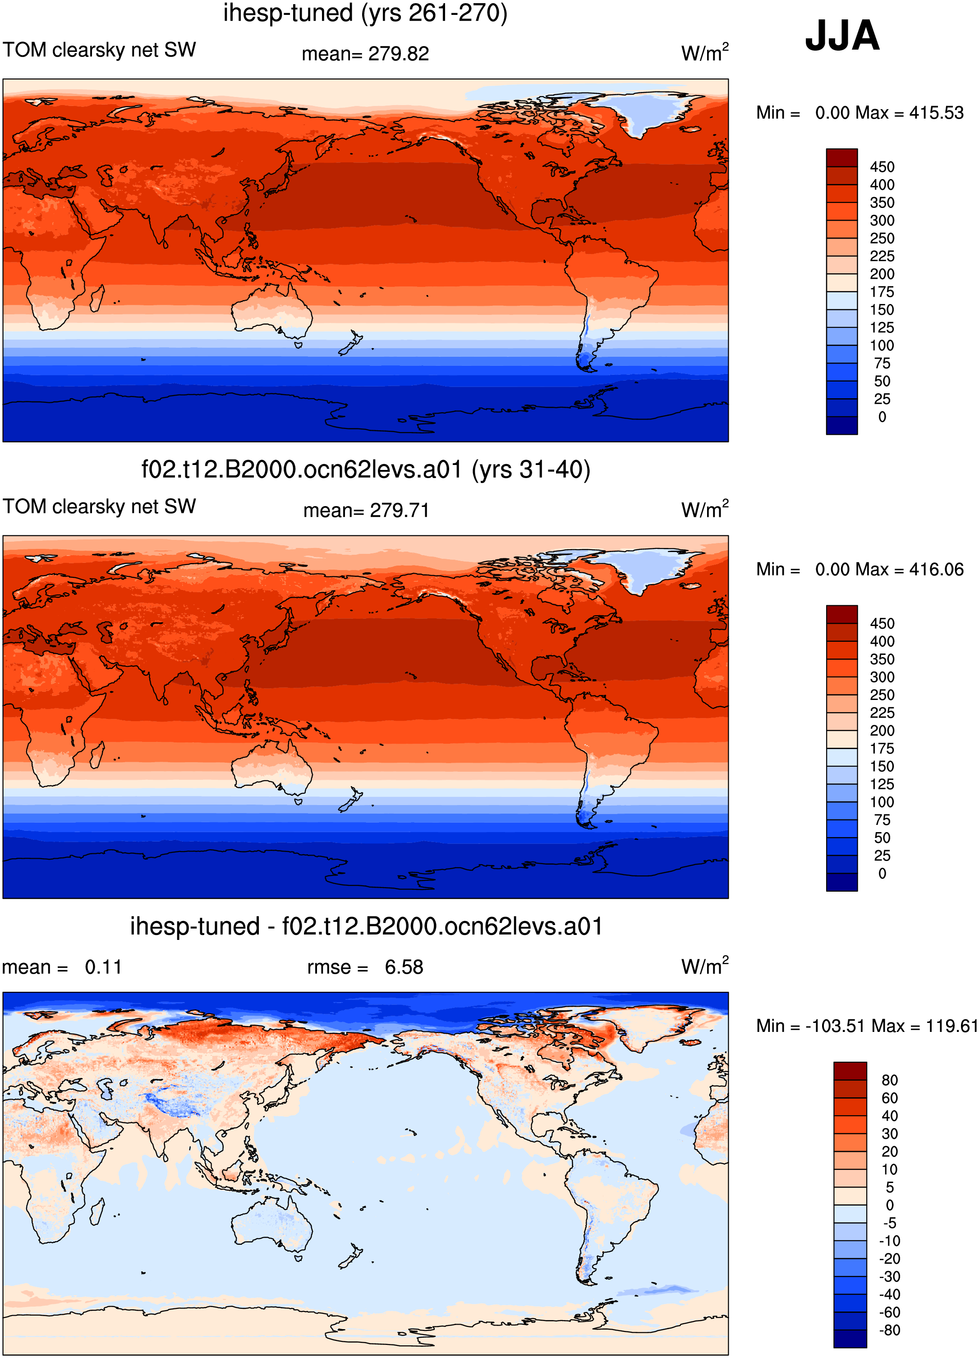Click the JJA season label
pyautogui.click(x=842, y=36)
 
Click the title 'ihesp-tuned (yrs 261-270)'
pyautogui.click(x=365, y=13)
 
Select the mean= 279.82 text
pyautogui.click(x=365, y=54)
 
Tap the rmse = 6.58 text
pyautogui.click(x=365, y=967)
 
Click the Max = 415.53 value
pyautogui.click(x=910, y=113)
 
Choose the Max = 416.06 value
pyautogui.click(x=910, y=570)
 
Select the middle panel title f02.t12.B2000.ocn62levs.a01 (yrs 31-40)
pyautogui.click(x=366, y=470)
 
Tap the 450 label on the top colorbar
pyautogui.click(x=882, y=167)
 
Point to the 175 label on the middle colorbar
pyautogui.click(x=882, y=749)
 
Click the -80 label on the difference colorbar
pyautogui.click(x=889, y=1330)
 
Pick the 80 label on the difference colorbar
pyautogui.click(x=889, y=1080)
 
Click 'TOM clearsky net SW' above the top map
pyautogui.click(x=99, y=50)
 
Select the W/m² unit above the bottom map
pyautogui.click(x=705, y=965)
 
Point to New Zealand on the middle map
pyautogui.click(x=351, y=799)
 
